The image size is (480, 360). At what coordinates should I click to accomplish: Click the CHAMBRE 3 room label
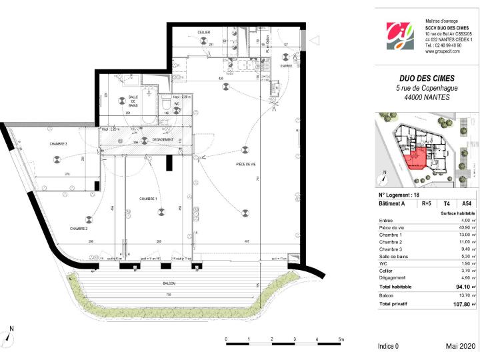point(58,144)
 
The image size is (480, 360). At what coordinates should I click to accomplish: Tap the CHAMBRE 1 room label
point(148,199)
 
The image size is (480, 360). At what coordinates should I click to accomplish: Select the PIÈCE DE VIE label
point(247,164)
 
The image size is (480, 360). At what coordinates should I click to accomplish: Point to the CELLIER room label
point(204,32)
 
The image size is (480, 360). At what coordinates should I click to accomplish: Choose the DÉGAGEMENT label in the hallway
point(162,139)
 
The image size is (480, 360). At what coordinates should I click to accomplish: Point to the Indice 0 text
point(388,347)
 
